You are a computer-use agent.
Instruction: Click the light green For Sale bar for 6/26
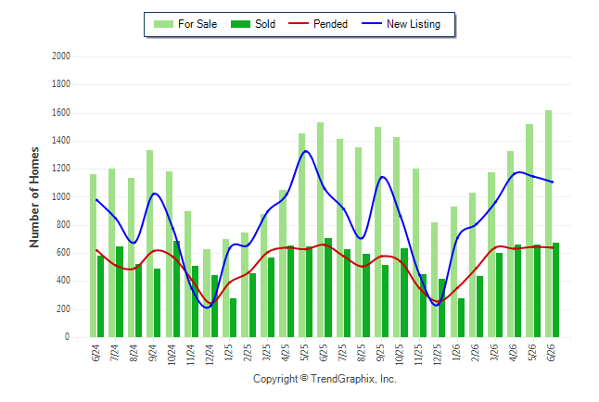click(x=548, y=224)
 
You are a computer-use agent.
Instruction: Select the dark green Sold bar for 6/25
click(x=328, y=287)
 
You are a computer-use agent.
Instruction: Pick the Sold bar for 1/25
click(x=233, y=318)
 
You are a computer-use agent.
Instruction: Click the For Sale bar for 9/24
click(x=150, y=244)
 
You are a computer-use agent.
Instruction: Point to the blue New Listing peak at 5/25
click(x=306, y=151)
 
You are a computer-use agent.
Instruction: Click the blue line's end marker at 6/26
click(x=552, y=182)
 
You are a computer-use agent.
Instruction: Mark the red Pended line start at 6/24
click(x=96, y=250)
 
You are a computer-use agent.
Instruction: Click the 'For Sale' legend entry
click(x=185, y=24)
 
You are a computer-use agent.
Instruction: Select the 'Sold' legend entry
click(x=253, y=24)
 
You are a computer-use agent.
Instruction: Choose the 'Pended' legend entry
click(x=318, y=24)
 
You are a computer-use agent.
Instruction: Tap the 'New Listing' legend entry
click(x=401, y=24)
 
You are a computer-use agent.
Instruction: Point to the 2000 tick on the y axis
click(x=61, y=57)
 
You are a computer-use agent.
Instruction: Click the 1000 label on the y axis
click(x=61, y=196)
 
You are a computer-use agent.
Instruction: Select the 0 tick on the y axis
click(x=68, y=337)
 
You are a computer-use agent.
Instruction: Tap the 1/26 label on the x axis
click(x=456, y=353)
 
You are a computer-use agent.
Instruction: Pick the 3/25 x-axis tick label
click(x=267, y=353)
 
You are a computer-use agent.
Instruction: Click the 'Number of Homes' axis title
click(x=34, y=197)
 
